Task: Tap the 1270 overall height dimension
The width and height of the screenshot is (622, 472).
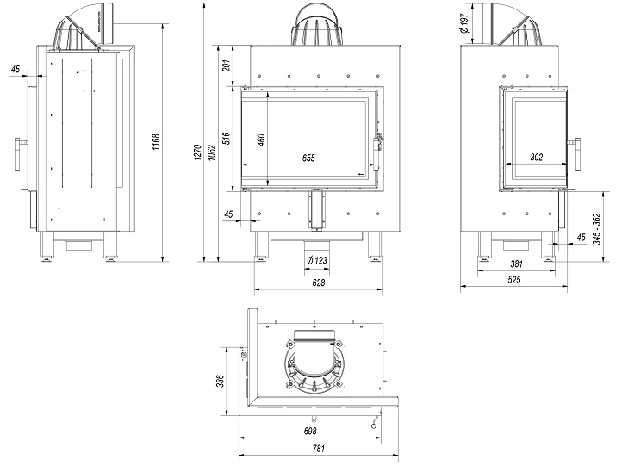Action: coord(198,153)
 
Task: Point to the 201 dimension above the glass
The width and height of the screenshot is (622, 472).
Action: coord(227,66)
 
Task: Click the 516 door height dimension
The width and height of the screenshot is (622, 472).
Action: coord(227,138)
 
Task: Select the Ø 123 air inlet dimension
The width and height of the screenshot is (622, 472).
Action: coord(317,260)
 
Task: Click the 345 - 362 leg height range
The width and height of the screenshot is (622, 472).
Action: coord(597,227)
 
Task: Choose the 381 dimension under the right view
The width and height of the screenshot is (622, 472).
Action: coord(515,264)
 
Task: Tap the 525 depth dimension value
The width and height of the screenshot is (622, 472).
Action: coord(515,281)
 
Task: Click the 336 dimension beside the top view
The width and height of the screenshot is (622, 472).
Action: coord(221,380)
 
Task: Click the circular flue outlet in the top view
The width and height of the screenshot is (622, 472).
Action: coord(317,364)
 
